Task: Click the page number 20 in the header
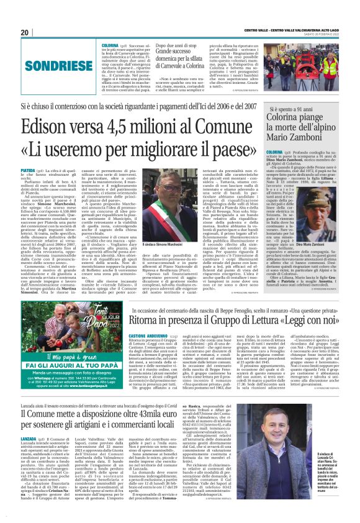[24, 32]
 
